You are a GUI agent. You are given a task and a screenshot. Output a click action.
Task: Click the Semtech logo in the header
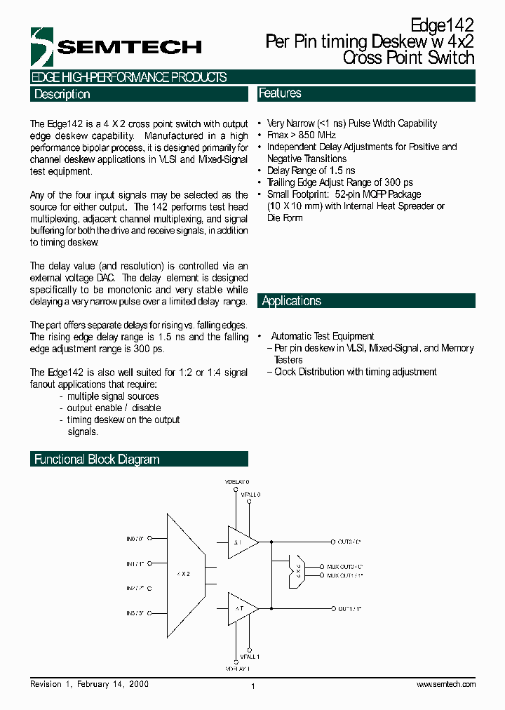pyautogui.click(x=116, y=47)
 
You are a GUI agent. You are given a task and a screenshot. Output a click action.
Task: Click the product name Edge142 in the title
pyautogui.click(x=443, y=27)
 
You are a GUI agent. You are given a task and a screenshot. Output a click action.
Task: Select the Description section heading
pyautogui.click(x=62, y=94)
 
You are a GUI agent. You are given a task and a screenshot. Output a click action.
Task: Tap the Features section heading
pyautogui.click(x=280, y=93)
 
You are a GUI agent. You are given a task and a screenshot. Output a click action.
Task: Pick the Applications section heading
pyautogui.click(x=291, y=301)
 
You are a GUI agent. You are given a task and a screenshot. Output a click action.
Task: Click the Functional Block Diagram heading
pyautogui.click(x=97, y=460)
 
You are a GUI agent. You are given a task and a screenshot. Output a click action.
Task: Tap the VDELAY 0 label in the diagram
pyautogui.click(x=236, y=483)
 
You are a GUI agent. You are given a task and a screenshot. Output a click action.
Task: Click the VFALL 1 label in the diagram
pyautogui.click(x=250, y=657)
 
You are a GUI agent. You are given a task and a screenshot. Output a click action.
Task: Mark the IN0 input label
pyautogui.click(x=135, y=539)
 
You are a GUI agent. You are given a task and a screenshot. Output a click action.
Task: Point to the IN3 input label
pyautogui.click(x=135, y=612)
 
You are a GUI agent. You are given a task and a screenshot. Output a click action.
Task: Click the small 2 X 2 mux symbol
pyautogui.click(x=297, y=570)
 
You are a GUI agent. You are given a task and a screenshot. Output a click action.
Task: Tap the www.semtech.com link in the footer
pyautogui.click(x=446, y=684)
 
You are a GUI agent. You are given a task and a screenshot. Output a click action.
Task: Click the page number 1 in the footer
pyautogui.click(x=252, y=686)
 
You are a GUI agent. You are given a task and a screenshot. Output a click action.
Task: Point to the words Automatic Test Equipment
pyautogui.click(x=322, y=336)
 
